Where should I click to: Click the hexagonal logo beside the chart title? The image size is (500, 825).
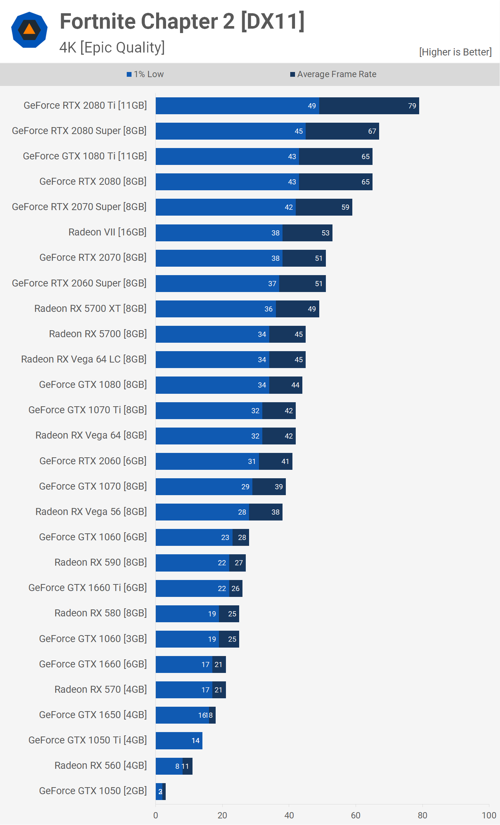[29, 30]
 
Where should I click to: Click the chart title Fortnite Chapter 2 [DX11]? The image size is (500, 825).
[182, 21]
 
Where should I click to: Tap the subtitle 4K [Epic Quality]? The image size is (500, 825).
[112, 47]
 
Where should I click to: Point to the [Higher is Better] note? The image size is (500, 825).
[455, 52]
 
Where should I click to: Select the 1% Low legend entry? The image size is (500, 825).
[145, 74]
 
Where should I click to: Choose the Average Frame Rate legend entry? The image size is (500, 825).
[334, 74]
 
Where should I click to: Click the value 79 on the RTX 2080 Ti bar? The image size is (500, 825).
[412, 106]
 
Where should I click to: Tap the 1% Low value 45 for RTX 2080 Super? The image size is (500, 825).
[299, 131]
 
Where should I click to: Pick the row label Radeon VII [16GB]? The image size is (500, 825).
[107, 232]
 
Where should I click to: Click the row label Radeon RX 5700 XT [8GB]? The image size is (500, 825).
[90, 309]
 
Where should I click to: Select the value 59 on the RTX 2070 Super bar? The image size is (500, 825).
[345, 207]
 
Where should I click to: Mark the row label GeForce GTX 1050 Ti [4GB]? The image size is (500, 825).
[87, 740]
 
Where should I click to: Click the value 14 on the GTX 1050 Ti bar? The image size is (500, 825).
[195, 741]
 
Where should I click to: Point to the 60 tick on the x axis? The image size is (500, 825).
[356, 815]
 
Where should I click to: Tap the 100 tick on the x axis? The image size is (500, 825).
[489, 815]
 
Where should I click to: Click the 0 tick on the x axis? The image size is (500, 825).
[156, 815]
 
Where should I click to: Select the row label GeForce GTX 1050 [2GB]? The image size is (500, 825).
[93, 791]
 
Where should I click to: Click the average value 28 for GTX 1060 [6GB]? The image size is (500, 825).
[242, 537]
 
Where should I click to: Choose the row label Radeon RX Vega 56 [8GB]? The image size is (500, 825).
[91, 512]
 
